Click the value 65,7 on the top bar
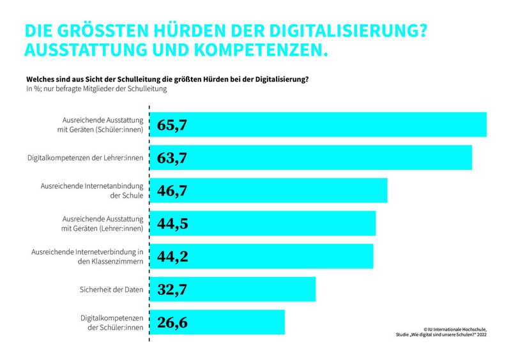[x=172, y=125]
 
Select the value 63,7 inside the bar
[x=172, y=158]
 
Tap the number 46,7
[x=172, y=190]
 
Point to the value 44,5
[x=172, y=223]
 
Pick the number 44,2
[x=172, y=256]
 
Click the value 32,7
[x=172, y=289]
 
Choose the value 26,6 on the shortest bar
[x=172, y=322]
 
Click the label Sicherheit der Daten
[x=111, y=289]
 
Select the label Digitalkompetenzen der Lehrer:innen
[x=85, y=158]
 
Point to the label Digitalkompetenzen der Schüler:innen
[x=111, y=322]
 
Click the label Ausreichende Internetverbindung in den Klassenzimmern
[x=87, y=256]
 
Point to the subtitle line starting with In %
[x=96, y=89]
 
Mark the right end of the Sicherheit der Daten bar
[x=314, y=289]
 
